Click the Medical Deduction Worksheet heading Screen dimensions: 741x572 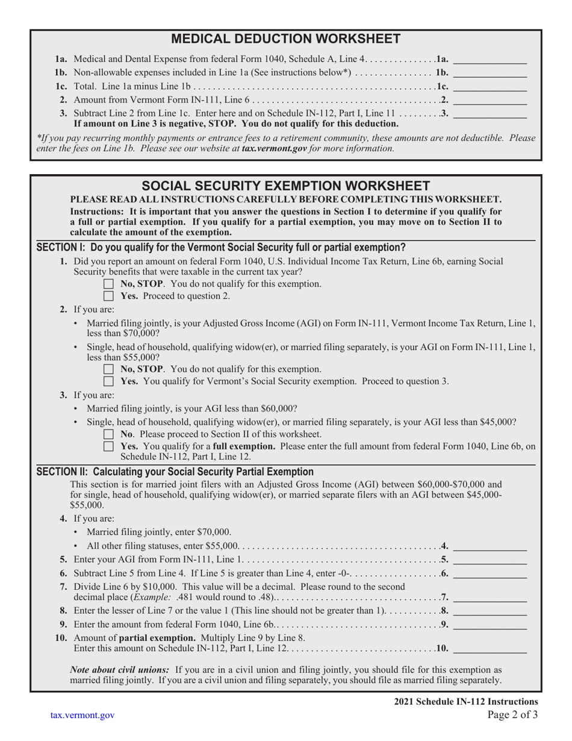point(286,39)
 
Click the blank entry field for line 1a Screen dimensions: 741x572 point(489,60)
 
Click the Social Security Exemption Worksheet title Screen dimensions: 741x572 point(286,185)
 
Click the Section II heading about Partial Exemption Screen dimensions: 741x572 point(175,472)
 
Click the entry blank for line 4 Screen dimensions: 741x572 point(489,546)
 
